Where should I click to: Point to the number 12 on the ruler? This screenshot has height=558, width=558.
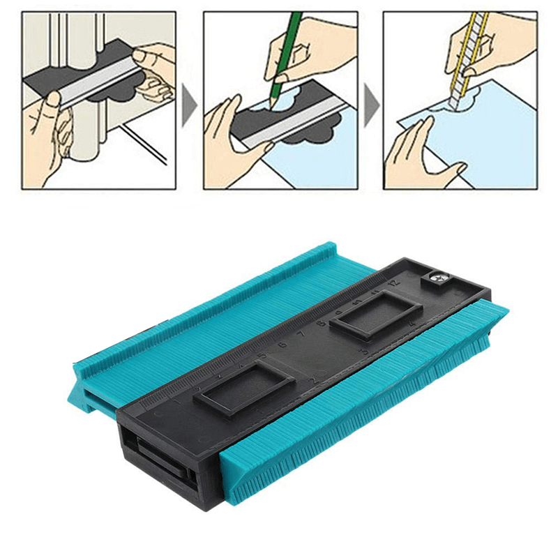[x=395, y=282]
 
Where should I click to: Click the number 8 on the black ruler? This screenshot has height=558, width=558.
[x=322, y=323]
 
